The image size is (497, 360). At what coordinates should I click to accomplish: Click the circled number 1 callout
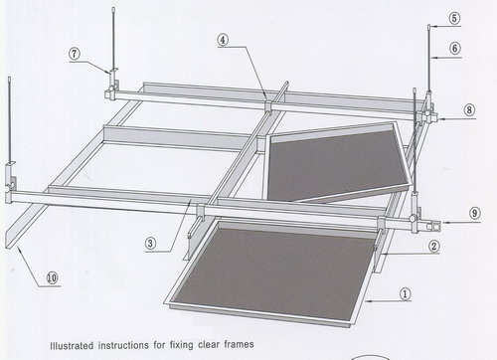pos(406,293)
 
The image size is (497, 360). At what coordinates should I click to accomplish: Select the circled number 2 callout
pos(434,247)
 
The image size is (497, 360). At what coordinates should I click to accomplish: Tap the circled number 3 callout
pos(150,244)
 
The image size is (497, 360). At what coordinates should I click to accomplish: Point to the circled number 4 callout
pos(223,40)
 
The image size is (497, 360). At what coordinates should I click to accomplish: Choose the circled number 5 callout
pos(454,18)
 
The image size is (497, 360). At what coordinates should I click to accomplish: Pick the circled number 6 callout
pos(455,49)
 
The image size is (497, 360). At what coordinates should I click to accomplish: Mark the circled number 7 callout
pos(75,54)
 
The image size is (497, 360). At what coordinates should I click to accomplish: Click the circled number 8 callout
pos(469,109)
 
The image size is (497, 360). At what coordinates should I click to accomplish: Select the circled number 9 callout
pos(475,213)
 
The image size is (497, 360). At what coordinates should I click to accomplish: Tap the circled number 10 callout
pos(52,277)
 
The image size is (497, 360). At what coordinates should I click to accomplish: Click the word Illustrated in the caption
pos(72,345)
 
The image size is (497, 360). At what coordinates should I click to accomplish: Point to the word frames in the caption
pos(239,344)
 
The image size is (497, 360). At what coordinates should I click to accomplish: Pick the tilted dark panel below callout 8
pos(339,162)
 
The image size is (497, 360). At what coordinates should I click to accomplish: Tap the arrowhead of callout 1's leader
pos(368,301)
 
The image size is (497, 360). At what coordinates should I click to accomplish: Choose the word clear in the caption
pos(209,344)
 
